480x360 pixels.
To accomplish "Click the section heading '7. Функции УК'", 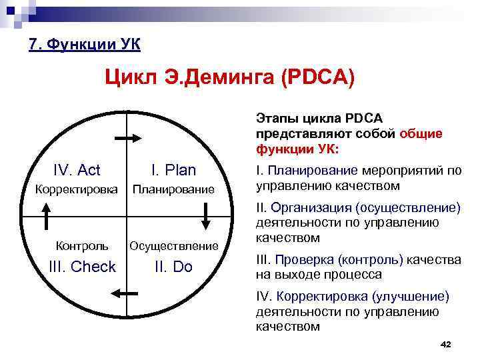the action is coord(84,45).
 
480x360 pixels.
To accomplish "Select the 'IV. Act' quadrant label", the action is coord(77,170).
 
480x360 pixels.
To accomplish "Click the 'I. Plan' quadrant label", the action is coord(173,170).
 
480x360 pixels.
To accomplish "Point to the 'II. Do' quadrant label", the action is coord(173,267).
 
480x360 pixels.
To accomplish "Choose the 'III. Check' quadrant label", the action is coord(83,267).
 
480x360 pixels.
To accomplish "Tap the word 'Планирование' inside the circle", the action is coord(173,190).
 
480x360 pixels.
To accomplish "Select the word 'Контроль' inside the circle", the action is coord(82,245).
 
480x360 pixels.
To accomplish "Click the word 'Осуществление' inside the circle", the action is coord(174,246).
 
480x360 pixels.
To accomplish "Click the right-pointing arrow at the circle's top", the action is coord(127,137).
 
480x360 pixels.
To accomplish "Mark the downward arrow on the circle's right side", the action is coord(206,215).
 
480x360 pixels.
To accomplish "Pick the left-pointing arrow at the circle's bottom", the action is coord(125,292).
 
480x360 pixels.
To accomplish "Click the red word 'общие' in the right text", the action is coord(421,133).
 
